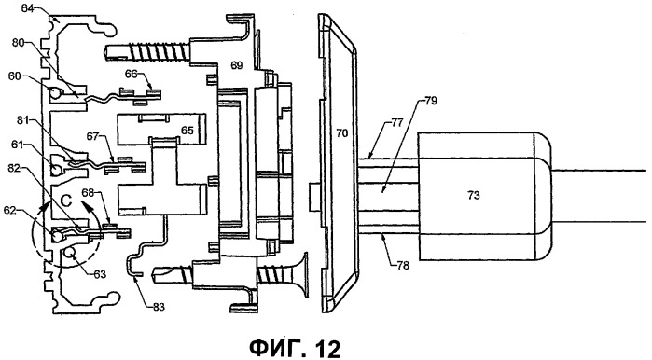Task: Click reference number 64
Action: (27, 7)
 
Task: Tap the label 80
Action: (19, 43)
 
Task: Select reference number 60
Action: (15, 76)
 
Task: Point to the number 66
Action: (132, 74)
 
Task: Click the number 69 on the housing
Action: (237, 65)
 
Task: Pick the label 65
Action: (187, 131)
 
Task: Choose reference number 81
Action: (24, 120)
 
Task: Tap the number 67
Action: (93, 136)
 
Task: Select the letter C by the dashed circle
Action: (66, 201)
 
